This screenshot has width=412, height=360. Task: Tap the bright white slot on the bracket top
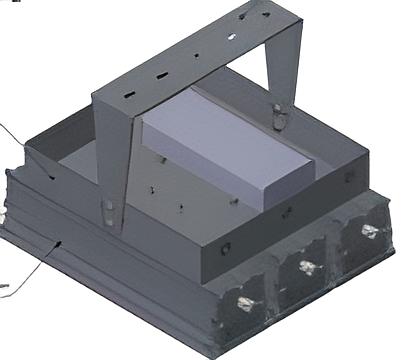coord(231,36)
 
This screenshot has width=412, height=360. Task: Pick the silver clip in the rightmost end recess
coord(369,232)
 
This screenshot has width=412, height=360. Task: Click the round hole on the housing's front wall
coord(226,247)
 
